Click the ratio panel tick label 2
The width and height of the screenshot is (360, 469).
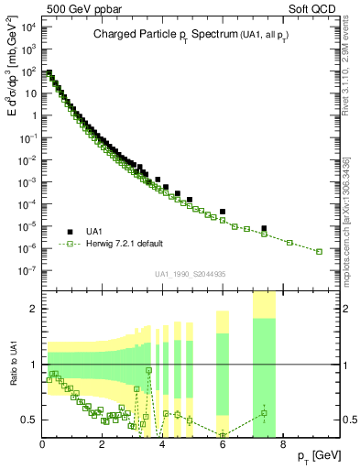(x=34, y=309)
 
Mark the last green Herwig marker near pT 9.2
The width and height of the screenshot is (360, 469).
(x=319, y=251)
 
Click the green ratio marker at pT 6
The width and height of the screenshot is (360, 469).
(x=223, y=434)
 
